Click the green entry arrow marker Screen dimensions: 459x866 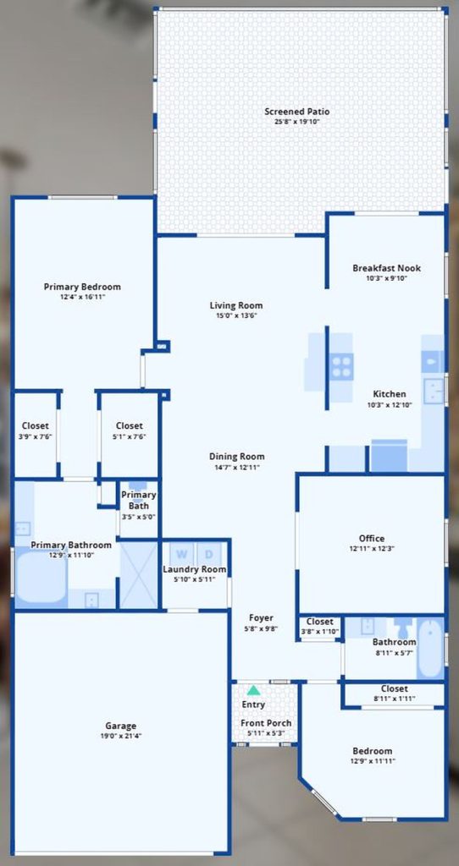[x=253, y=690]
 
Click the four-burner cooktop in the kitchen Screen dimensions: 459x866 [x=341, y=366]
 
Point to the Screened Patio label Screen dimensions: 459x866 [x=297, y=112]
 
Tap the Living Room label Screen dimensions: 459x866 [x=236, y=305]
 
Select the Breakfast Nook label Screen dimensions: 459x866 [x=386, y=268]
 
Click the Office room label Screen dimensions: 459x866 [x=372, y=539]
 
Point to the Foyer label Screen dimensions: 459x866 [x=261, y=618]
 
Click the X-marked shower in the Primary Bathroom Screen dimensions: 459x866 [x=140, y=575]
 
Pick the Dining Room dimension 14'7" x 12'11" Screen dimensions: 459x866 [x=236, y=467]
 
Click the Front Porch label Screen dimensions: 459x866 [x=266, y=723]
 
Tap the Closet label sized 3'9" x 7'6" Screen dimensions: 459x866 [x=36, y=426]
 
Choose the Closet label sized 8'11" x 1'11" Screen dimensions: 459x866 [x=395, y=688]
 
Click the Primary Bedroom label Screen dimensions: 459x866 [x=82, y=287]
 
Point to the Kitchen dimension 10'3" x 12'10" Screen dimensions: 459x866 [x=390, y=404]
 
